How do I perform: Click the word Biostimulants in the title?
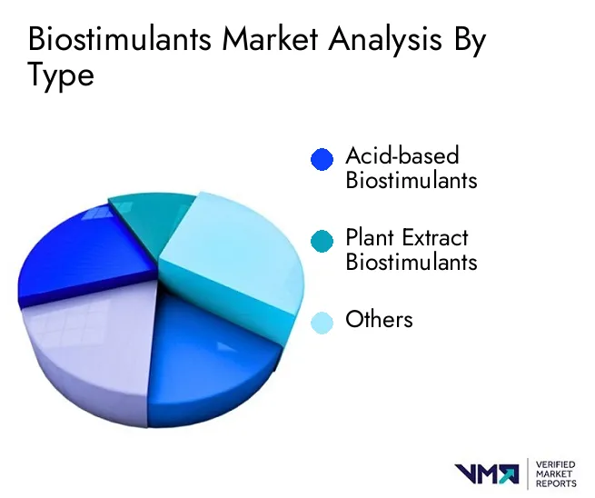(120, 38)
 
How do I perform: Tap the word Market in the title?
(270, 38)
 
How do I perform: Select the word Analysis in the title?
(385, 40)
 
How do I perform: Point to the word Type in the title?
(61, 76)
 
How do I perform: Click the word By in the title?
(470, 41)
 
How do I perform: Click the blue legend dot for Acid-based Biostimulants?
(322, 159)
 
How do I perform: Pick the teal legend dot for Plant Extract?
(322, 241)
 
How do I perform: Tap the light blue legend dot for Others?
(322, 323)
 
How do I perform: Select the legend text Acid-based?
(402, 155)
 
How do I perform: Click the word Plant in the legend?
(369, 237)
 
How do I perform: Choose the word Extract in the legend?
(435, 237)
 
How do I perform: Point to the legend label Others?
(379, 319)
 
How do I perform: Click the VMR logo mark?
(487, 474)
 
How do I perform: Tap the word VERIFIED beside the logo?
(556, 465)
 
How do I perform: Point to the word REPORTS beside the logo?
(556, 483)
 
